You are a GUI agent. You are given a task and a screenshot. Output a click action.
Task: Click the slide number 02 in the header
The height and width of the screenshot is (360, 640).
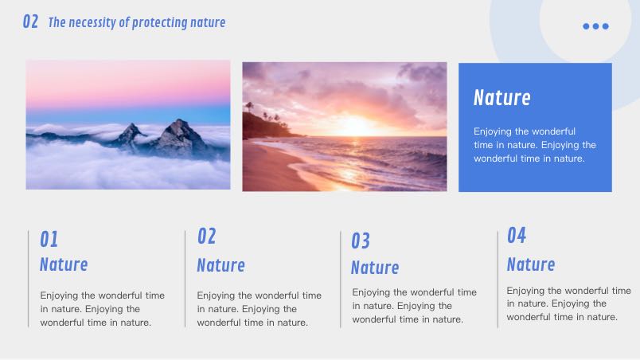pyautogui.click(x=30, y=22)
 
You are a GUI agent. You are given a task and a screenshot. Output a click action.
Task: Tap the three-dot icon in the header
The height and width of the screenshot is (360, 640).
pyautogui.click(x=595, y=26)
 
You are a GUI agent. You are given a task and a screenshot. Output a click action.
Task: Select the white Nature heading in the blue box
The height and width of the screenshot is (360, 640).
pyautogui.click(x=502, y=97)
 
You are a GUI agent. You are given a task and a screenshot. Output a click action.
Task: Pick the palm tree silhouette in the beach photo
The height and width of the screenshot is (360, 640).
pyautogui.click(x=249, y=108)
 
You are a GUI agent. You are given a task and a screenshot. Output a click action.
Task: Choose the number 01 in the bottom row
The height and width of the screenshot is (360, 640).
pyautogui.click(x=49, y=239)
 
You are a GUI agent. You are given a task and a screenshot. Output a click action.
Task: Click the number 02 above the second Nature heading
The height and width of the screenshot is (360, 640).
pyautogui.click(x=206, y=237)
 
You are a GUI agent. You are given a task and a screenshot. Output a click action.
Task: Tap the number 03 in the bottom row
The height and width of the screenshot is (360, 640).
pyautogui.click(x=361, y=241)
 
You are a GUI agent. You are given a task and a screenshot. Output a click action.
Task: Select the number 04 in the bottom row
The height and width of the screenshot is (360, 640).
pyautogui.click(x=517, y=236)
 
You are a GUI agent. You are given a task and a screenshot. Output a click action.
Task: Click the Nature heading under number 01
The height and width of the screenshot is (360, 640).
pyautogui.click(x=64, y=264)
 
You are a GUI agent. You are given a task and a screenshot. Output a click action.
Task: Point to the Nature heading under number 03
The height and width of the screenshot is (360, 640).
pyautogui.click(x=375, y=268)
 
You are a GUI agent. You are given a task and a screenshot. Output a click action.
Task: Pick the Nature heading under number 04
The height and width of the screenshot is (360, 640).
pyautogui.click(x=531, y=264)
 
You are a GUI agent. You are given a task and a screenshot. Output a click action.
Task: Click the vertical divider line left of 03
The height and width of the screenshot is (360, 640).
pyautogui.click(x=341, y=280)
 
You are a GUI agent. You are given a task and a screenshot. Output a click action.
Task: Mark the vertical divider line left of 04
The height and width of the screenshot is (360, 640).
pyautogui.click(x=498, y=280)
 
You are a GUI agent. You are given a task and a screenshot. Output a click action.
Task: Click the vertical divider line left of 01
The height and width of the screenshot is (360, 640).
pyautogui.click(x=28, y=279)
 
